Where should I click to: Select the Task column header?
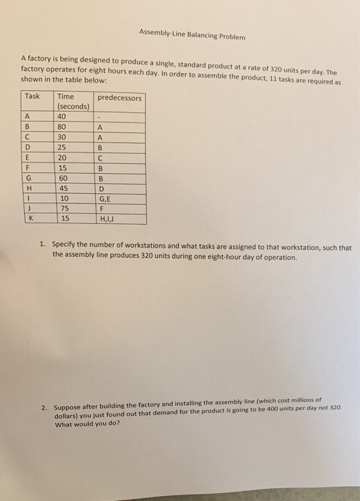coord(32,97)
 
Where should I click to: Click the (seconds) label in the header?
coord(72,107)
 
